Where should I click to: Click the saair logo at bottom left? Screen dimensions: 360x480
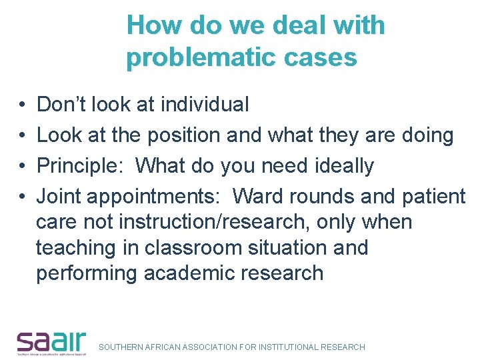[51, 342]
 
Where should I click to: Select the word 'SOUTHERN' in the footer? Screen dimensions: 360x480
[119, 347]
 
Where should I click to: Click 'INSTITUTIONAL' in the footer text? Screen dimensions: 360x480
[282, 347]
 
